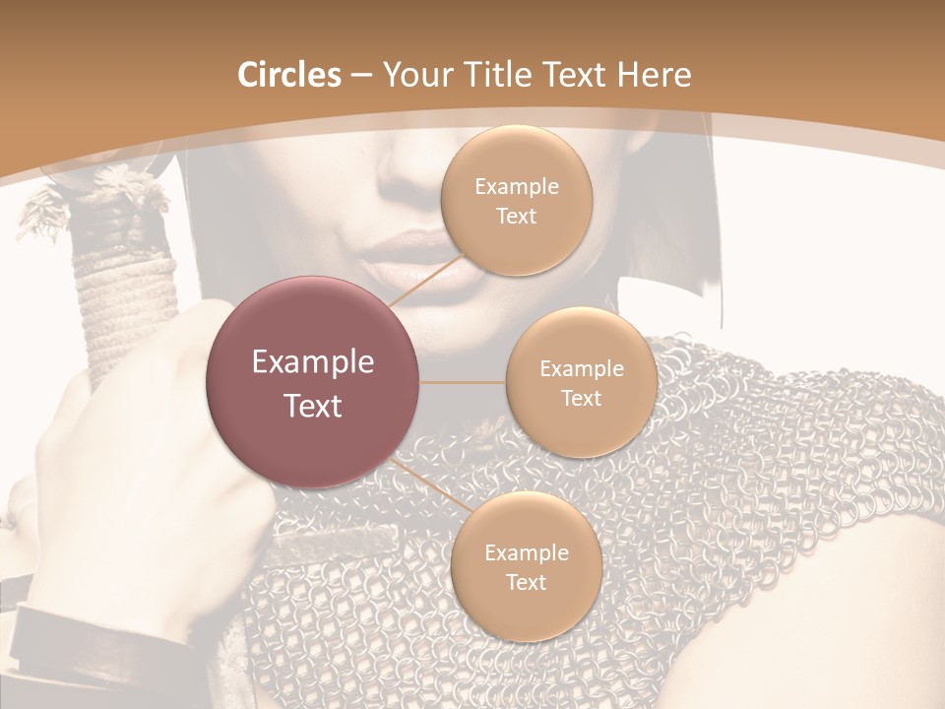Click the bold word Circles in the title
coord(288,75)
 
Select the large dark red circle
coord(313,382)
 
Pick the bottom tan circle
coord(526,566)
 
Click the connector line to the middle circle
coord(463,382)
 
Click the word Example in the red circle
coord(313,362)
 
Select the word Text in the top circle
coord(516,216)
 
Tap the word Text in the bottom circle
coord(526,582)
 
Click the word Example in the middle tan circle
coord(581,368)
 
